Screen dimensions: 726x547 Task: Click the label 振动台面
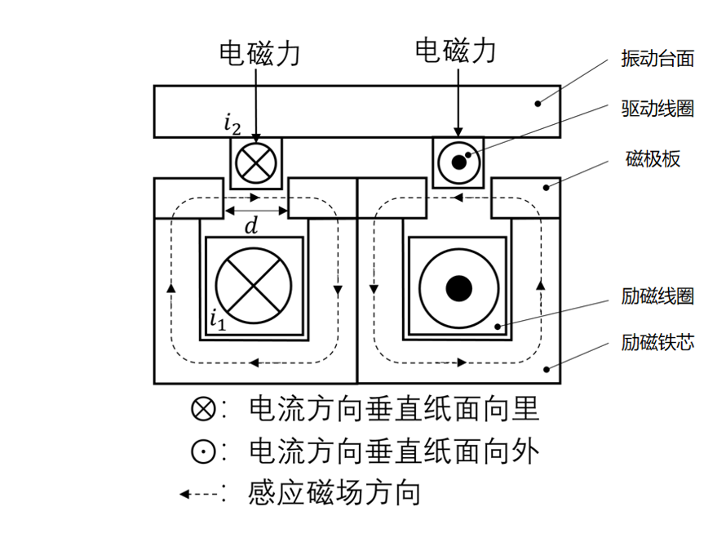[657, 59]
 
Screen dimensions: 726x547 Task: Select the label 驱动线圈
[657, 109]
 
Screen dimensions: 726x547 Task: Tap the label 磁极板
[653, 159]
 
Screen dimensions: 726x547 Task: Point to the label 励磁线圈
[657, 296]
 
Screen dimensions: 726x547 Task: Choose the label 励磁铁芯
[657, 342]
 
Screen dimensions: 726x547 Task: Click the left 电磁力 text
[259, 53]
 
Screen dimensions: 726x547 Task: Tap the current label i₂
[232, 125]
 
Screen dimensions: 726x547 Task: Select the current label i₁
[218, 320]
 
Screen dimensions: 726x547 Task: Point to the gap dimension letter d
[251, 226]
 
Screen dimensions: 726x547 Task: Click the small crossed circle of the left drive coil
[256, 163]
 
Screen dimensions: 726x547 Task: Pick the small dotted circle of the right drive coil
[458, 162]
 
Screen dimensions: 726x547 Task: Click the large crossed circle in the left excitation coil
[254, 286]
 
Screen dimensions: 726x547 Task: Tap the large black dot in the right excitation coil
[458, 288]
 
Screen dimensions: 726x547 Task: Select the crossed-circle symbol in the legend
[203, 409]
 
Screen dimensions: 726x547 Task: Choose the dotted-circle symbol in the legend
[203, 451]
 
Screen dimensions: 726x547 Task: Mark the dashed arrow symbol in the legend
[199, 494]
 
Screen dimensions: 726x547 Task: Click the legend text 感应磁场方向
[334, 492]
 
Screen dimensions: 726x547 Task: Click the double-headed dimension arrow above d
[256, 211]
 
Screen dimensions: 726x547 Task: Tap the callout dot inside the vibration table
[538, 104]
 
